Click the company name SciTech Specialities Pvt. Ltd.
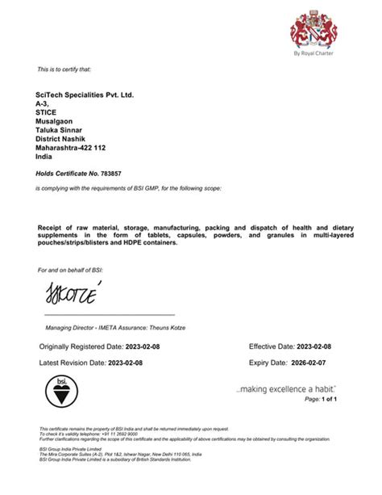85,94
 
